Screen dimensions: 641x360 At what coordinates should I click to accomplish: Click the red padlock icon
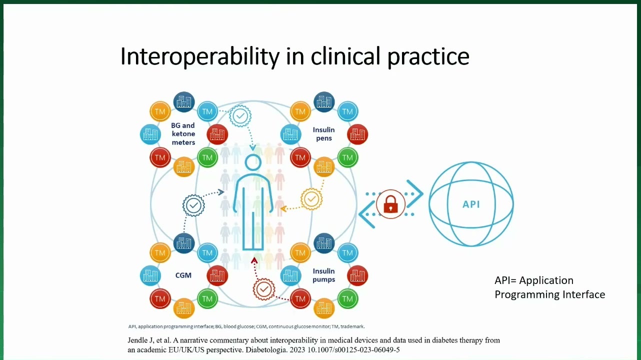point(390,204)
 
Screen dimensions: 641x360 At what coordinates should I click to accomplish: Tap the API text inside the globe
point(471,204)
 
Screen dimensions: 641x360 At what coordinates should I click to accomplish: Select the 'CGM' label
point(183,275)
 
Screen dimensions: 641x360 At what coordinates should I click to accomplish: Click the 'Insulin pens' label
point(323,134)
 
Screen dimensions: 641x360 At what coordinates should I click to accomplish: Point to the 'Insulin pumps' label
point(323,275)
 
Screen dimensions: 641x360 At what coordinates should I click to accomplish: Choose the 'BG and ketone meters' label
point(183,134)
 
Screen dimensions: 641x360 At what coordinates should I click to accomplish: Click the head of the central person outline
point(253,162)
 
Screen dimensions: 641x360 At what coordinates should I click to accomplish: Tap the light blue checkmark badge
point(240,116)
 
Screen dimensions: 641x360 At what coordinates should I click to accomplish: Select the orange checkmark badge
point(311,199)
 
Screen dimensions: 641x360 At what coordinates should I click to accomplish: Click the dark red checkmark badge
point(264,289)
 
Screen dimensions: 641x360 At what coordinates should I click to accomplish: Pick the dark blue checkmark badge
point(193,205)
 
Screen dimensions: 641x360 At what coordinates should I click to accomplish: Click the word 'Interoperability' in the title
point(199,56)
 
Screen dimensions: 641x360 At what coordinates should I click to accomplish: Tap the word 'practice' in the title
point(428,57)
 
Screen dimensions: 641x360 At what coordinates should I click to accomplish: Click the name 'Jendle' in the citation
point(137,340)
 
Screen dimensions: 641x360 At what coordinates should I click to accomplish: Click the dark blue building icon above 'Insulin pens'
point(324,102)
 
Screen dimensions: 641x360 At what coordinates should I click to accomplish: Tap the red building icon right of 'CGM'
point(217,275)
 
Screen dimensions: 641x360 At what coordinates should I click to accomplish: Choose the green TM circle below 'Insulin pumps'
point(347,299)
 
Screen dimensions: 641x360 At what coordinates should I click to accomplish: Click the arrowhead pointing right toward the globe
point(415,193)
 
